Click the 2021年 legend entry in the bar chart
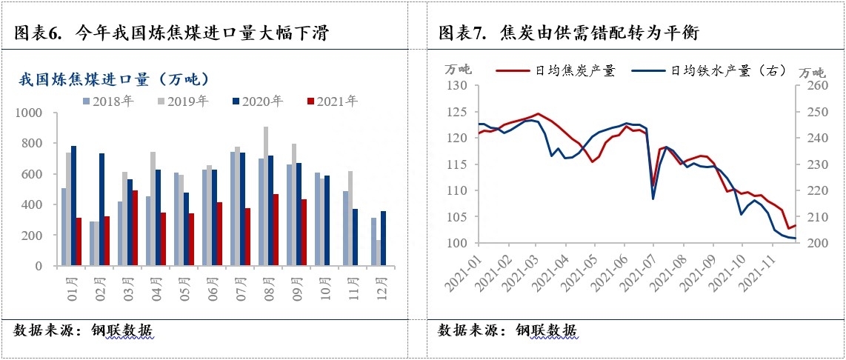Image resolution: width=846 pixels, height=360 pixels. (332, 101)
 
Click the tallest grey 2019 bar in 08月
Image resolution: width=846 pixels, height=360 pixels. (265, 196)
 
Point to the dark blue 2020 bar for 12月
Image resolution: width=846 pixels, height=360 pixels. (383, 238)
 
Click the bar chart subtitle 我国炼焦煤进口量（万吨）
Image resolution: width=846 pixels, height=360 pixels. (113, 79)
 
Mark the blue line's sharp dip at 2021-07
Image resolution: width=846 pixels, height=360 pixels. (653, 199)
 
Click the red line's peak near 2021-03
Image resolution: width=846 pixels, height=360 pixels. (537, 114)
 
